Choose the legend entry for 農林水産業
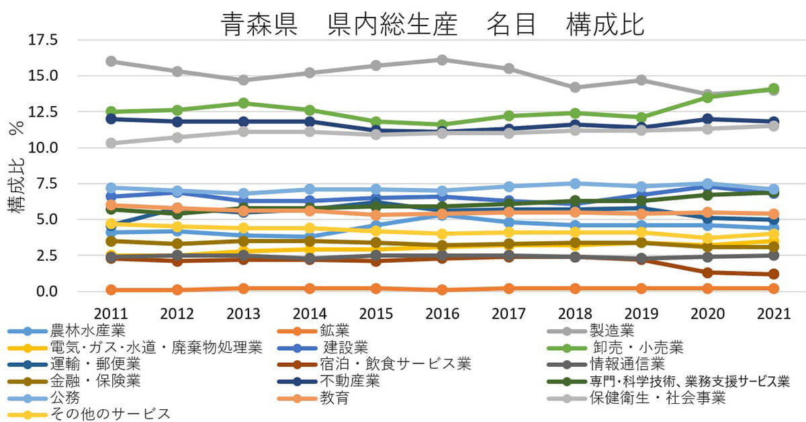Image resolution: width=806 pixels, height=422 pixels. tap(87, 331)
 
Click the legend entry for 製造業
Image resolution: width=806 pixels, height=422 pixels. tap(611, 331)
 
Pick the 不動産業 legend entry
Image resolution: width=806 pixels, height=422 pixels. tap(349, 381)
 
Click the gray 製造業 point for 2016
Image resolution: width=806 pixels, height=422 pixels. tap(442, 60)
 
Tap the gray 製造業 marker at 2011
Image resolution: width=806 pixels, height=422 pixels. tap(111, 61)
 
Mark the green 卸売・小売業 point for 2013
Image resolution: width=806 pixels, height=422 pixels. tap(244, 103)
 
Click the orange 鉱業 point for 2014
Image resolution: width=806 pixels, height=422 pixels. tap(310, 288)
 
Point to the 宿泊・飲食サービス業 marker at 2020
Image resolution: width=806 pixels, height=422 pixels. tap(707, 273)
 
